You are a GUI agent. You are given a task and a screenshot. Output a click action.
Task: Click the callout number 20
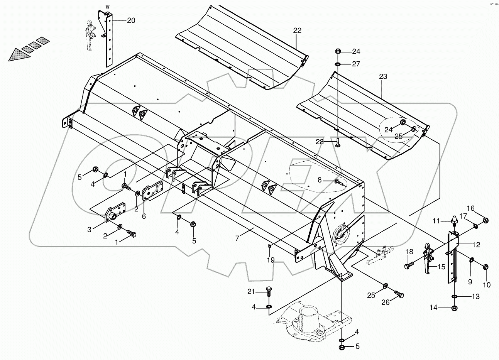(x=131, y=20)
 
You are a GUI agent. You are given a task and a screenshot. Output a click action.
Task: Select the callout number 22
(x=297, y=30)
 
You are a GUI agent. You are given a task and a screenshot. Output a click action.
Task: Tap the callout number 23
(x=382, y=77)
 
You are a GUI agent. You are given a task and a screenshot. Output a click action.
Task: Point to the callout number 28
(x=319, y=142)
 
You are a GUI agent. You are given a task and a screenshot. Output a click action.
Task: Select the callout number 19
(x=271, y=260)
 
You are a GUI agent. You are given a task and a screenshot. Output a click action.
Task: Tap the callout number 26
(x=386, y=303)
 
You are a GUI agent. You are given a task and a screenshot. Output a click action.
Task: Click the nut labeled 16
(x=485, y=220)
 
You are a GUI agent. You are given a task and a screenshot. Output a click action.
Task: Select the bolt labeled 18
(x=408, y=266)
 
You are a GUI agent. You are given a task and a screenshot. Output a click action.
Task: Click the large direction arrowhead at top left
(x=17, y=55)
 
